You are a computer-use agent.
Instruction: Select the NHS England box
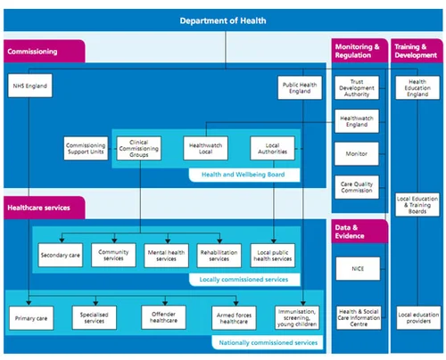coord(29,87)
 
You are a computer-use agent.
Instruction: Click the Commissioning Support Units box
coord(86,147)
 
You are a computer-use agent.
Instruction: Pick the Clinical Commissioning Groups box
coord(139,147)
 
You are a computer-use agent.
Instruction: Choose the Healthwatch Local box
coord(204,147)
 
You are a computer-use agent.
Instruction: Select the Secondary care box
coord(60,255)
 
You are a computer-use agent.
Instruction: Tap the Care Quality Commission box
coord(357,188)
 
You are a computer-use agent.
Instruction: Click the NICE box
coord(357,267)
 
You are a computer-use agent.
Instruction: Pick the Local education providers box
coord(416,317)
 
